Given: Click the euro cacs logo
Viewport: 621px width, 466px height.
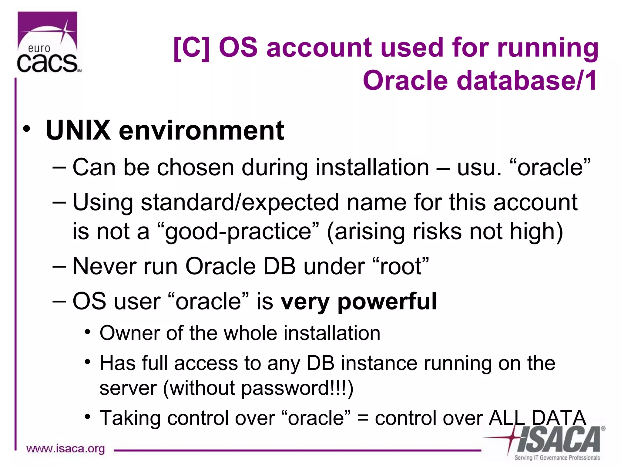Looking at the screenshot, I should (x=48, y=42).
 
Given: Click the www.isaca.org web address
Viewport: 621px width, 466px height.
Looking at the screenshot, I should (x=65, y=449).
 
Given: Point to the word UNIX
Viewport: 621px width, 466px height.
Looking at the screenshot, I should (x=78, y=130).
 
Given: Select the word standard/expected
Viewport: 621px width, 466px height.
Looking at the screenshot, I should (x=240, y=203).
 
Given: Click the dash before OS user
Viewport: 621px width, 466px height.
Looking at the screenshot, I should (x=59, y=302).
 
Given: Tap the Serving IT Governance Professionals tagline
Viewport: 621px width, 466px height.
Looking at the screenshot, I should (x=557, y=458).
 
